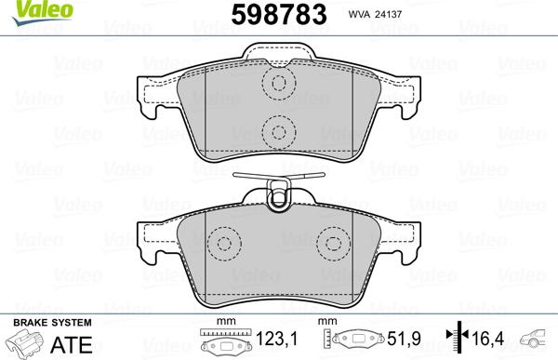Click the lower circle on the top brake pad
(276, 130)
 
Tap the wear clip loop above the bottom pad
(276, 193)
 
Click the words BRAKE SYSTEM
(38, 322)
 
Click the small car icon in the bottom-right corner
(537, 340)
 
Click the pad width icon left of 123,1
(224, 342)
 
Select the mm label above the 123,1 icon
(223, 323)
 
